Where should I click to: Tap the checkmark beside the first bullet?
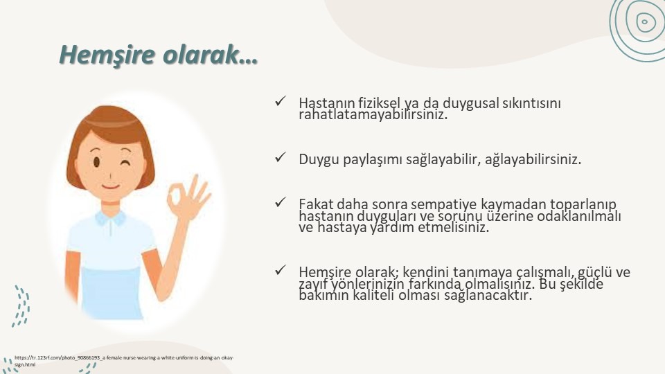coord(281,101)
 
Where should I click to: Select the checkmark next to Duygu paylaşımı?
coord(281,157)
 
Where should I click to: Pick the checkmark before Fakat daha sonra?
coord(281,202)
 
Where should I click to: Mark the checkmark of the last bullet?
coord(281,270)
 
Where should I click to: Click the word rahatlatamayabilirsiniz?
coord(373,114)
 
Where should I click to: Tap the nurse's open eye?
coord(97,162)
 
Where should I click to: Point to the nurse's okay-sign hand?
coord(187,197)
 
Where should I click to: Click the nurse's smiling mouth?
coord(110,186)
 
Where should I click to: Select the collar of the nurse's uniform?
coord(110,219)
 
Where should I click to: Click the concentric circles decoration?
coord(637,26)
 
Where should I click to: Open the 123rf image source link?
coord(123,361)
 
